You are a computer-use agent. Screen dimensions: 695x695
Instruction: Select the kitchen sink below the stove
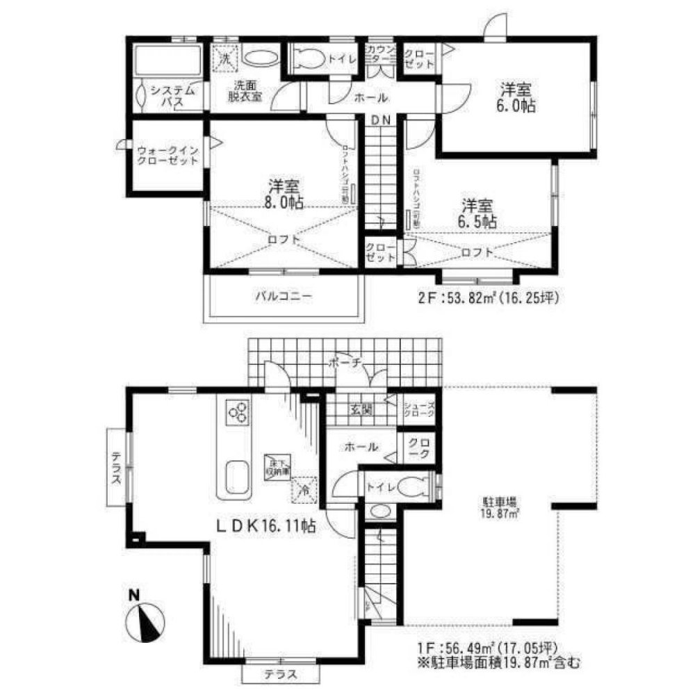pyautogui.click(x=236, y=478)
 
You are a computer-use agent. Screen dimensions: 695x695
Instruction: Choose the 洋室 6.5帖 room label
pyautogui.click(x=479, y=213)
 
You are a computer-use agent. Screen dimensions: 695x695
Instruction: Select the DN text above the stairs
pyautogui.click(x=380, y=120)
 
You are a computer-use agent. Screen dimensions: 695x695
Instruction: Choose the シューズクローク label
pyautogui.click(x=420, y=410)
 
